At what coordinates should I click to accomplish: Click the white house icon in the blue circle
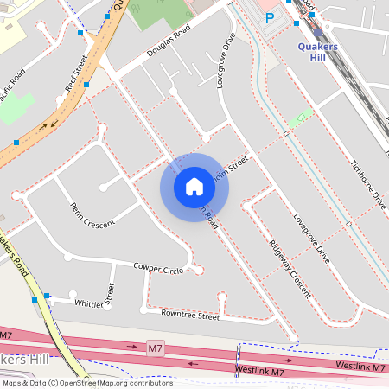pyautogui.click(x=194, y=187)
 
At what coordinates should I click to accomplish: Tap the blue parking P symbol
pyautogui.click(x=269, y=17)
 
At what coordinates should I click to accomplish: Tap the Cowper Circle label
pyautogui.click(x=158, y=270)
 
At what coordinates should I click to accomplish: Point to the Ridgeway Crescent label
pyautogui.click(x=289, y=269)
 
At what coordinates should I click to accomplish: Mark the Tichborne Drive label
pyautogui.click(x=367, y=185)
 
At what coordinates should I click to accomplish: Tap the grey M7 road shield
pyautogui.click(x=156, y=348)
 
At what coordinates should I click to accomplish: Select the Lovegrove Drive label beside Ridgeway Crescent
pyautogui.click(x=311, y=239)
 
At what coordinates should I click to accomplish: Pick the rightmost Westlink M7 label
pyautogui.click(x=359, y=365)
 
